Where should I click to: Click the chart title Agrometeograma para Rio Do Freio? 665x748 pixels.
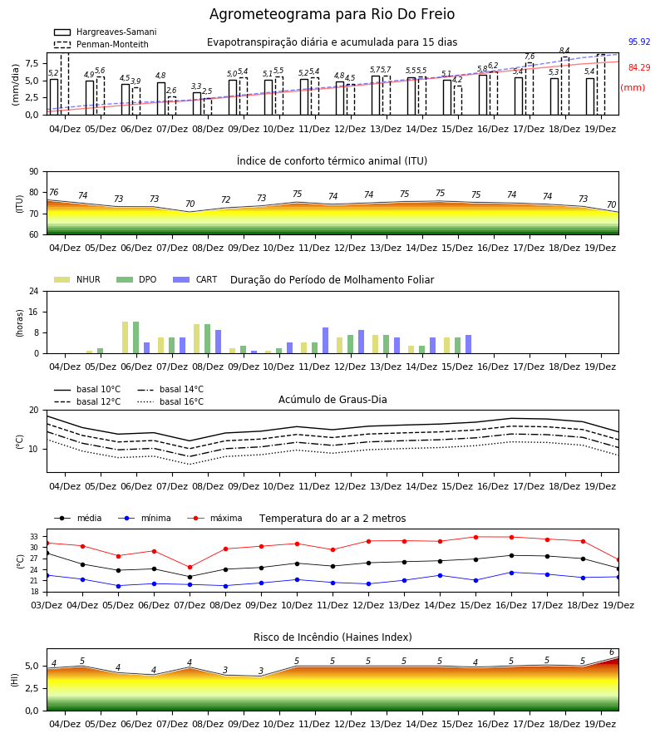(332, 14)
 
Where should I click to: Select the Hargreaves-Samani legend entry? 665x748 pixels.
(106, 32)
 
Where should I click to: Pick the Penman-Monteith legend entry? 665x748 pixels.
(101, 44)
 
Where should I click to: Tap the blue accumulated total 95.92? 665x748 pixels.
(639, 42)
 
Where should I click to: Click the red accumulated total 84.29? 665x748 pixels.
(639, 68)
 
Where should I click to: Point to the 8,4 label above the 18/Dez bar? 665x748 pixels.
(564, 51)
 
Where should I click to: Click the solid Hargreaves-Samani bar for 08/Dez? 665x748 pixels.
(197, 104)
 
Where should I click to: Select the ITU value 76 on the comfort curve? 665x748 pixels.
(53, 192)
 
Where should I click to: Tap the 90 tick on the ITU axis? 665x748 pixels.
(34, 172)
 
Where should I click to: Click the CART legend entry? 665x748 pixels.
(195, 279)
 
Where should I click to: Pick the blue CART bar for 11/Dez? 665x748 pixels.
(325, 341)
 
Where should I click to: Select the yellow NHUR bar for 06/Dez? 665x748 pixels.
(125, 337)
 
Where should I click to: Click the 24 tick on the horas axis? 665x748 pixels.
(34, 291)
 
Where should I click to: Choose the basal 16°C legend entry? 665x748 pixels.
(170, 401)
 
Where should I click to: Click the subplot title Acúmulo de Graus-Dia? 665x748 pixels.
(332, 400)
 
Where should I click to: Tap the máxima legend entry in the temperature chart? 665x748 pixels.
(215, 518)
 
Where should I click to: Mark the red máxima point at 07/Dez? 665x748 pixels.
(190, 567)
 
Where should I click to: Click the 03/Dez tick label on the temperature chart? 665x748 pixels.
(47, 605)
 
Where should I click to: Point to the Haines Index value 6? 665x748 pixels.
(612, 652)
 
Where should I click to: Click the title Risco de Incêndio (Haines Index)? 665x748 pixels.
(332, 637)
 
